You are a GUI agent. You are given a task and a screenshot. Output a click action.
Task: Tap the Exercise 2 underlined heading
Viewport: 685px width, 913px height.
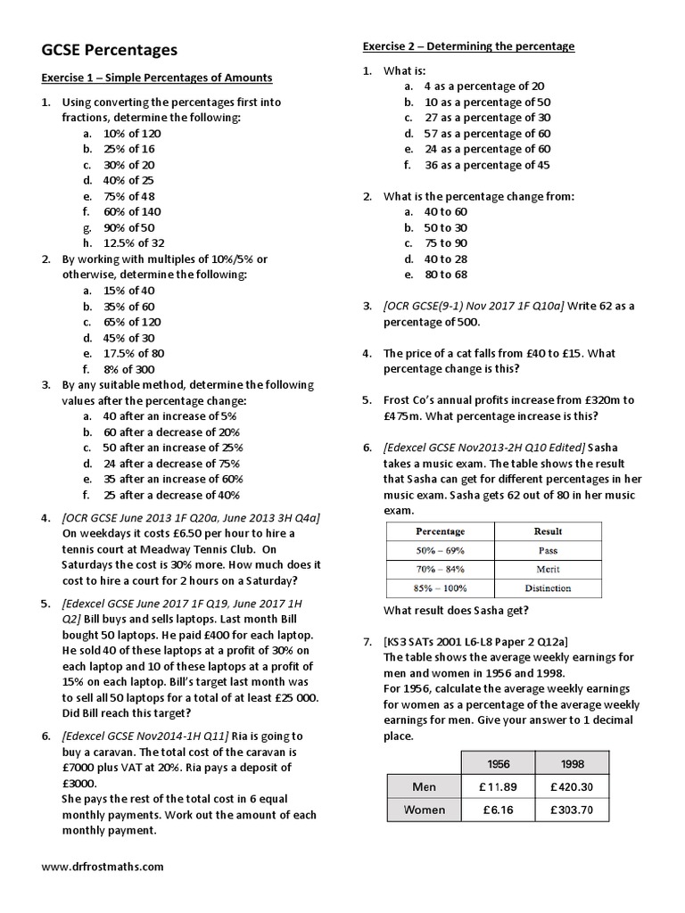468,46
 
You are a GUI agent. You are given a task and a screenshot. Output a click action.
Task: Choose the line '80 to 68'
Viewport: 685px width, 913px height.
445,275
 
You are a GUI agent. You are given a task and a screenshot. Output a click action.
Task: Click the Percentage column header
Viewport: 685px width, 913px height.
440,531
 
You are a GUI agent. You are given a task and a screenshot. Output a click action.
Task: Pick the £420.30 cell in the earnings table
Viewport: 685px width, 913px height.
578,787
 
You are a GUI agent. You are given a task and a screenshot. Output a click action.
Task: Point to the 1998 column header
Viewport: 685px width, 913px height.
578,764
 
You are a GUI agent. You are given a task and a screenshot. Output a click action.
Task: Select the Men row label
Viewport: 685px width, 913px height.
424,787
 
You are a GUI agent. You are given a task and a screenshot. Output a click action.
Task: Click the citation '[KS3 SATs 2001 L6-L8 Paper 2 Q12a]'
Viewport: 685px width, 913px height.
475,641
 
